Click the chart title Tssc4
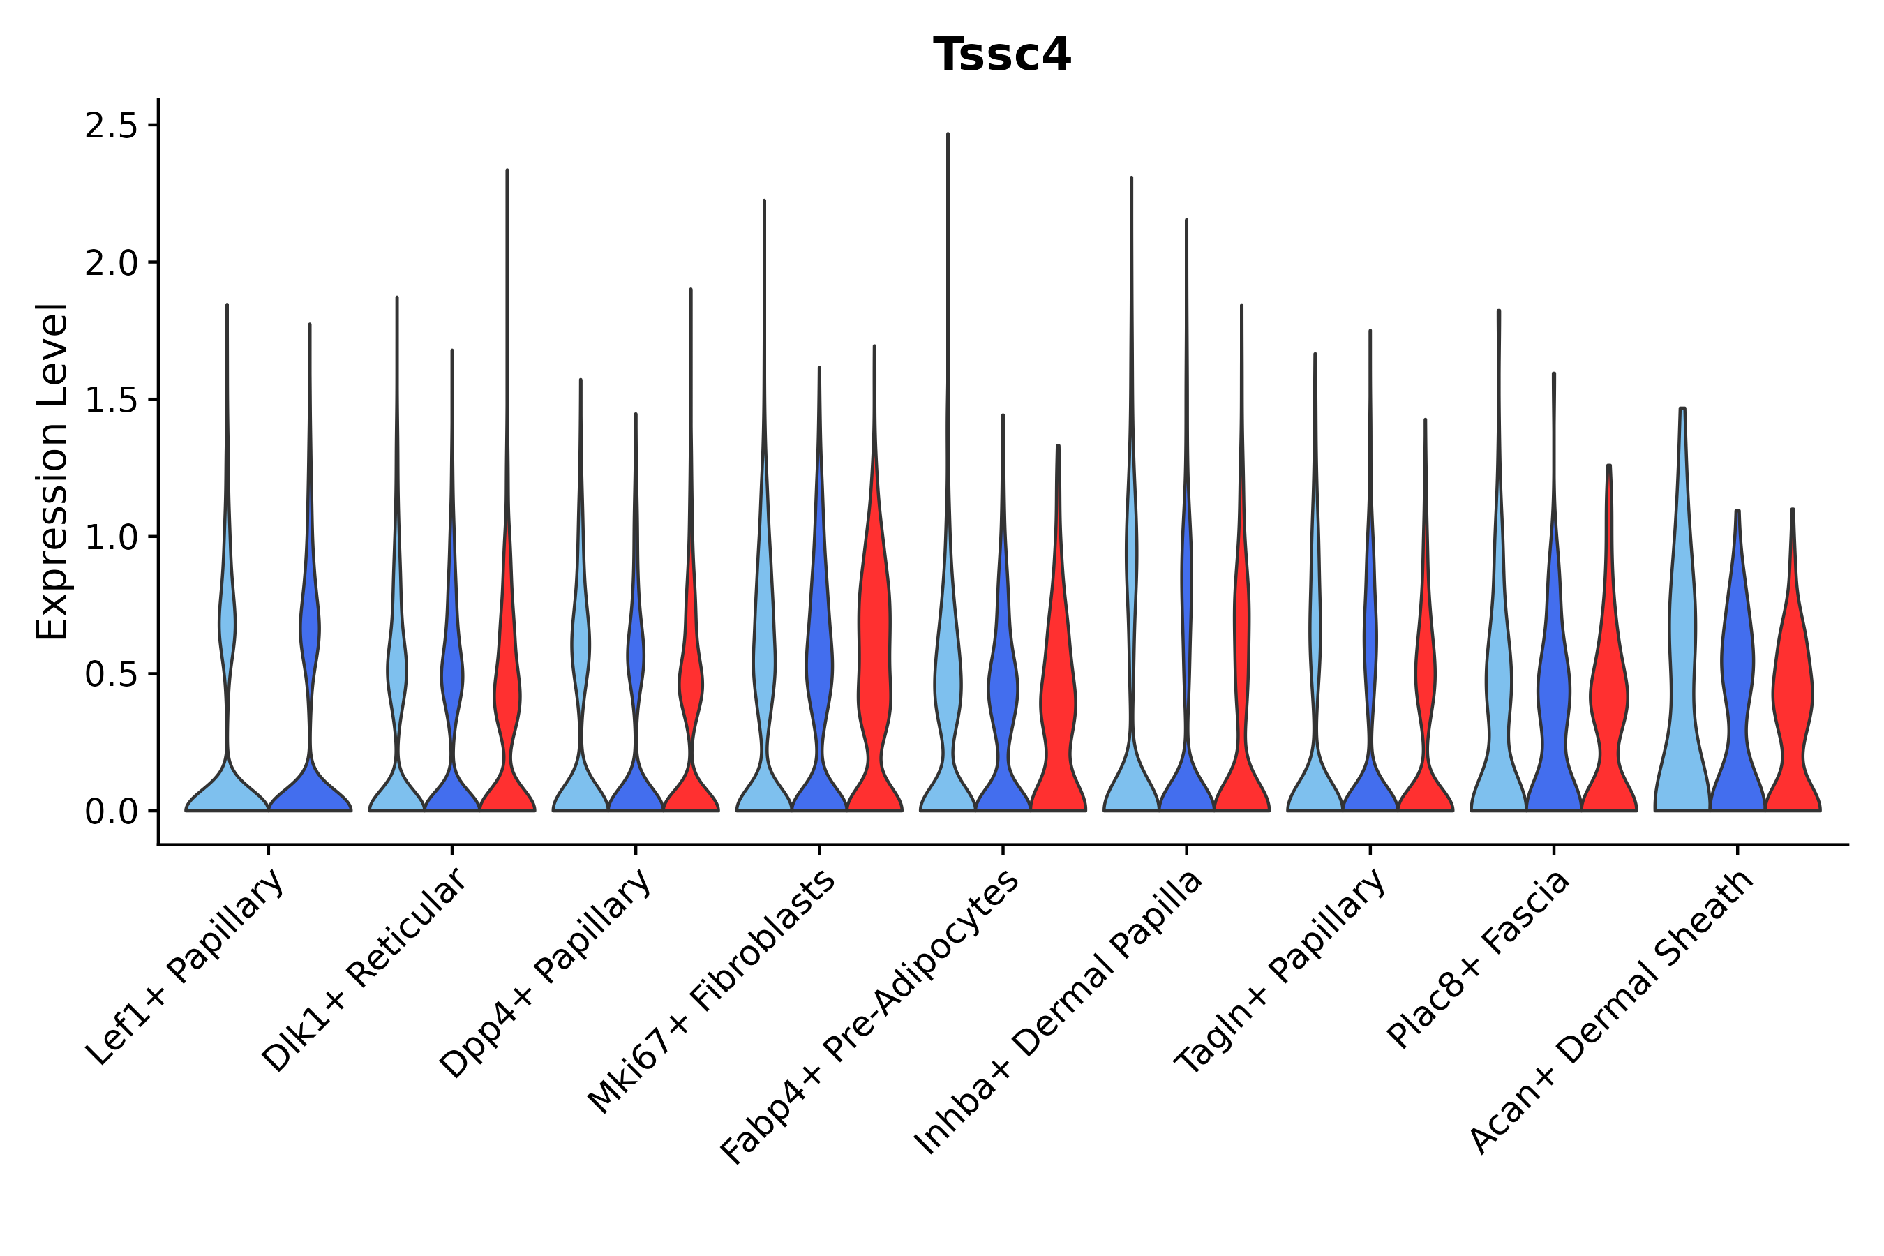(1001, 55)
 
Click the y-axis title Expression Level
(52, 471)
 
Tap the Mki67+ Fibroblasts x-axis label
(713, 991)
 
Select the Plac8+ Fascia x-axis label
(1479, 959)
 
